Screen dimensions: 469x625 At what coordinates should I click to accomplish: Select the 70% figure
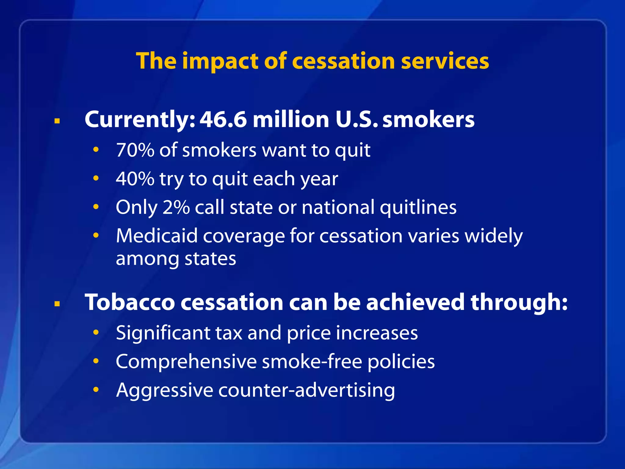click(135, 150)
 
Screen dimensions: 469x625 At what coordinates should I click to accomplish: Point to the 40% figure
click(135, 179)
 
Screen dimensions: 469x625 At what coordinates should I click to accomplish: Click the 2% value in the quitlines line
click(176, 207)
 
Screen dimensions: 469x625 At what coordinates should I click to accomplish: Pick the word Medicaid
click(157, 236)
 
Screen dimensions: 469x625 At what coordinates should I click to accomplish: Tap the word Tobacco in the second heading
click(130, 302)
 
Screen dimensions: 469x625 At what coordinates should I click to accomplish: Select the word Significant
click(163, 333)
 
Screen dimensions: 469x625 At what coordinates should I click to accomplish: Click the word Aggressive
click(164, 391)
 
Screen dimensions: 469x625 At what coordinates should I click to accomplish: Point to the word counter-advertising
click(306, 391)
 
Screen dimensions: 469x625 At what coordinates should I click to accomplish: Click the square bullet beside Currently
click(57, 121)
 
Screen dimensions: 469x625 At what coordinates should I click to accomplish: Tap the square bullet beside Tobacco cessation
click(57, 304)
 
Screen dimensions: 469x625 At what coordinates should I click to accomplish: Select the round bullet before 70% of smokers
click(96, 150)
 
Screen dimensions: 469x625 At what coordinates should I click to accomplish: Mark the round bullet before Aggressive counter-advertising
click(96, 389)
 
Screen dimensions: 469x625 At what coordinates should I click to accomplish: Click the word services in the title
click(445, 61)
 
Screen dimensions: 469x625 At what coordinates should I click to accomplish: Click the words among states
click(176, 259)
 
